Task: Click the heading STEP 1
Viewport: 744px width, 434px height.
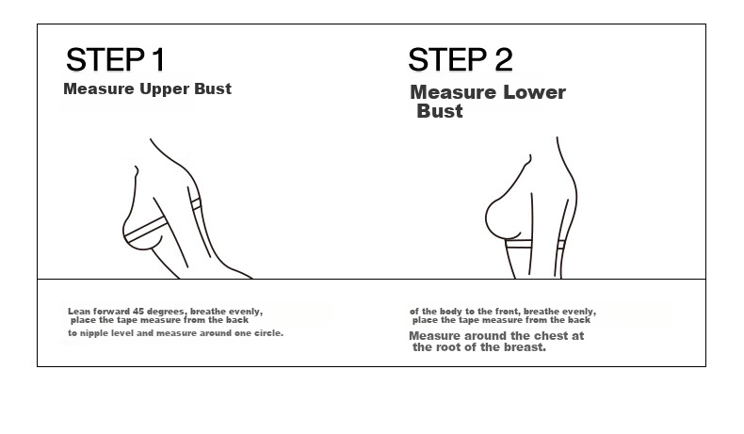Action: click(x=115, y=59)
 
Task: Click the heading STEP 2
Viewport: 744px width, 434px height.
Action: click(x=461, y=59)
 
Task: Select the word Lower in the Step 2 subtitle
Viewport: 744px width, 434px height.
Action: click(x=534, y=92)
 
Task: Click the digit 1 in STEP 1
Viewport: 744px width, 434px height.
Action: click(x=158, y=59)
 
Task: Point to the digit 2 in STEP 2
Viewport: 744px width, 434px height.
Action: click(x=504, y=59)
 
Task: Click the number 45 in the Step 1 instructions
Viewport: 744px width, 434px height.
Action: click(x=138, y=312)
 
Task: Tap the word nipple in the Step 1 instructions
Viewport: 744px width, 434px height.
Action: click(x=94, y=333)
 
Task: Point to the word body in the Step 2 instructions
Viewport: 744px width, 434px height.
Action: click(x=451, y=313)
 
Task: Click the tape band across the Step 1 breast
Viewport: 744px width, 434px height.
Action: click(x=145, y=229)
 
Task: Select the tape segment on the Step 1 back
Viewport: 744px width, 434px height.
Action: click(x=196, y=204)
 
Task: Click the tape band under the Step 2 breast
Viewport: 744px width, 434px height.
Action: click(x=519, y=244)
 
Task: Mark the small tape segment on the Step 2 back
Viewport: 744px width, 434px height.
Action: click(x=561, y=245)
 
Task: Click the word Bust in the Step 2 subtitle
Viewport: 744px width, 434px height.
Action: click(x=440, y=111)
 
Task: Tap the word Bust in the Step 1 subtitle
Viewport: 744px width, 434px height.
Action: click(x=213, y=89)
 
